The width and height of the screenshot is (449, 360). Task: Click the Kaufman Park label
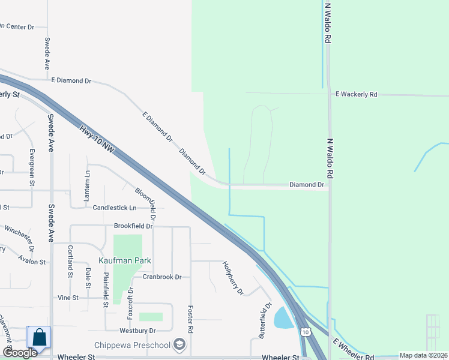click(125, 261)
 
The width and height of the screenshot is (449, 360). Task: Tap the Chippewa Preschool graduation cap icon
click(179, 344)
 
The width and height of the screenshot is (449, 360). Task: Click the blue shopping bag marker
click(39, 337)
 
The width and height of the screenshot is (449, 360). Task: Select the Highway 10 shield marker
click(306, 332)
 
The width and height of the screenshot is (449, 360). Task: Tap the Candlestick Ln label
click(115, 208)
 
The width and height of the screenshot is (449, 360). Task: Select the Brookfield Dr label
click(134, 226)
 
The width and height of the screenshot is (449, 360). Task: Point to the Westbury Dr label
click(137, 331)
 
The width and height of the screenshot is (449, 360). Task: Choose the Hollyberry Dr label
click(233, 278)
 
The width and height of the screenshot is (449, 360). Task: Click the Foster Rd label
click(190, 321)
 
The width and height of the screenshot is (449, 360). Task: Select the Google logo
click(20, 353)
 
